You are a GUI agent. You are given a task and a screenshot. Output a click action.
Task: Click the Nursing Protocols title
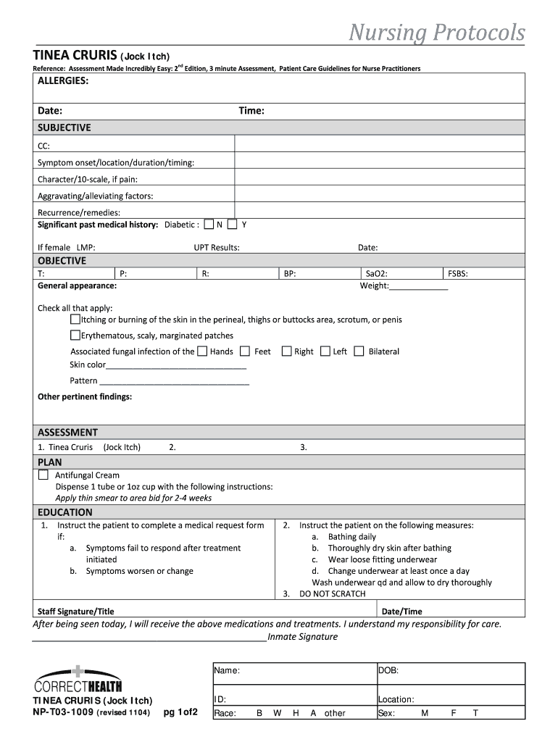coord(436,33)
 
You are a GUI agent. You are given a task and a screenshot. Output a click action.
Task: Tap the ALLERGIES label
coord(63,81)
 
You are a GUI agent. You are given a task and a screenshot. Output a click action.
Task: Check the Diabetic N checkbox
coord(209,224)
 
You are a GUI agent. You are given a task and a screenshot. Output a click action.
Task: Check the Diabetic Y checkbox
coord(233,224)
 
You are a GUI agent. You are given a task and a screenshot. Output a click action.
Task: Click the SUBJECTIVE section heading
coord(64,128)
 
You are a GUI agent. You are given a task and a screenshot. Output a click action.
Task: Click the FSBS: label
coord(458,274)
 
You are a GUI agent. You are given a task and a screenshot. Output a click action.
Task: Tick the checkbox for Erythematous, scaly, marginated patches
coord(75,335)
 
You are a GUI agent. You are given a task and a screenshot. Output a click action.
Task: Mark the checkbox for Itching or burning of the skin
coord(75,319)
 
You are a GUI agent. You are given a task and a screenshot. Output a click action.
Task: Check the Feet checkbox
coord(245,351)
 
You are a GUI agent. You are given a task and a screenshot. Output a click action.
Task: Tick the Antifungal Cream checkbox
coord(43,475)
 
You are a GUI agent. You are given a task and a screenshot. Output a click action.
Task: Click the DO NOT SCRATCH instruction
coord(332,594)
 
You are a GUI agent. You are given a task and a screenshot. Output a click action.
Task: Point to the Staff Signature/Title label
coord(75,612)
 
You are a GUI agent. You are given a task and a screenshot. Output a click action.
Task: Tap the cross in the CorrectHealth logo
coord(78,671)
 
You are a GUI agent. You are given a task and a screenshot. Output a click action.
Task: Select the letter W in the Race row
coord(277,713)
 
